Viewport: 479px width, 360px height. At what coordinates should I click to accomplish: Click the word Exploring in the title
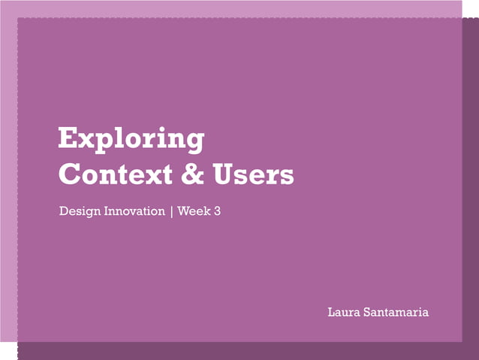131,140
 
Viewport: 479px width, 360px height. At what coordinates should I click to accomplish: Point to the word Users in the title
252,174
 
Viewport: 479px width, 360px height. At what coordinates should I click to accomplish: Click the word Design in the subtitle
77,212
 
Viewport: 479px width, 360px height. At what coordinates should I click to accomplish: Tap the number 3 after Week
217,211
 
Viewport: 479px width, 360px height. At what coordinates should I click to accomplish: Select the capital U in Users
221,174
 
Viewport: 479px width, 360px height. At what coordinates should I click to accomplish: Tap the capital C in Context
70,174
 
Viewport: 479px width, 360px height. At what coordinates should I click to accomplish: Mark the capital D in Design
64,211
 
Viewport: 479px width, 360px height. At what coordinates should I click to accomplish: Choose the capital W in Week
184,211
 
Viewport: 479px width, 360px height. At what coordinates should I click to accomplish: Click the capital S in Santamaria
368,312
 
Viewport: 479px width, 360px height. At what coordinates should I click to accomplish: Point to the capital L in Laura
332,312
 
